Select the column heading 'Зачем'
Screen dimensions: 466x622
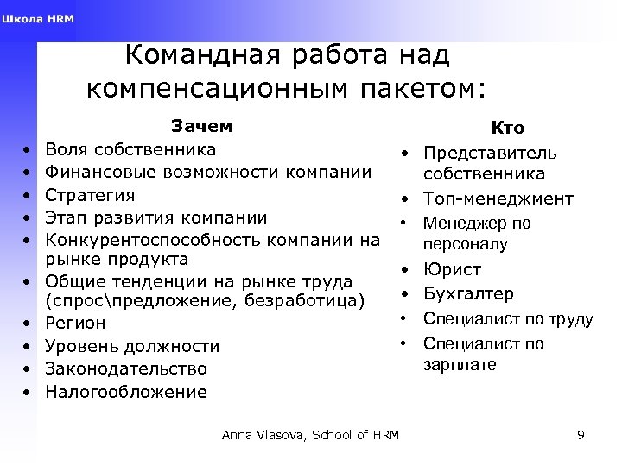click(x=201, y=126)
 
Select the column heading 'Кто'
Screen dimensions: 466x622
click(x=507, y=128)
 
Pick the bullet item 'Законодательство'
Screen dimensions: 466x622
click(x=126, y=368)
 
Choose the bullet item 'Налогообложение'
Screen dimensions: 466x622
click(x=126, y=392)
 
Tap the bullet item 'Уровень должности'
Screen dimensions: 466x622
click(x=132, y=346)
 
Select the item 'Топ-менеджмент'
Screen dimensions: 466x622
click(x=498, y=198)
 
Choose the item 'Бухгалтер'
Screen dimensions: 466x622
click(x=468, y=294)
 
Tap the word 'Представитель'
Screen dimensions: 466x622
click(x=489, y=153)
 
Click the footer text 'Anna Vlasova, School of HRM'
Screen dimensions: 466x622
click(x=309, y=435)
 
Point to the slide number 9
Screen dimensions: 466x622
click(x=581, y=435)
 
